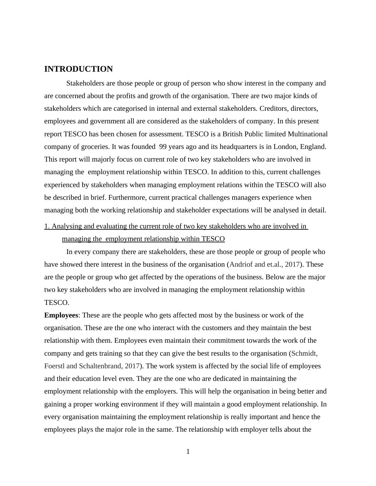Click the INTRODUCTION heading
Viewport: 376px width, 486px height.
click(78, 69)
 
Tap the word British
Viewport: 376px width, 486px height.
click(233, 134)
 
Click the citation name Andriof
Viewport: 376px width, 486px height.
click(240, 264)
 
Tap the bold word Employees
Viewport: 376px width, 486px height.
click(61, 315)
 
